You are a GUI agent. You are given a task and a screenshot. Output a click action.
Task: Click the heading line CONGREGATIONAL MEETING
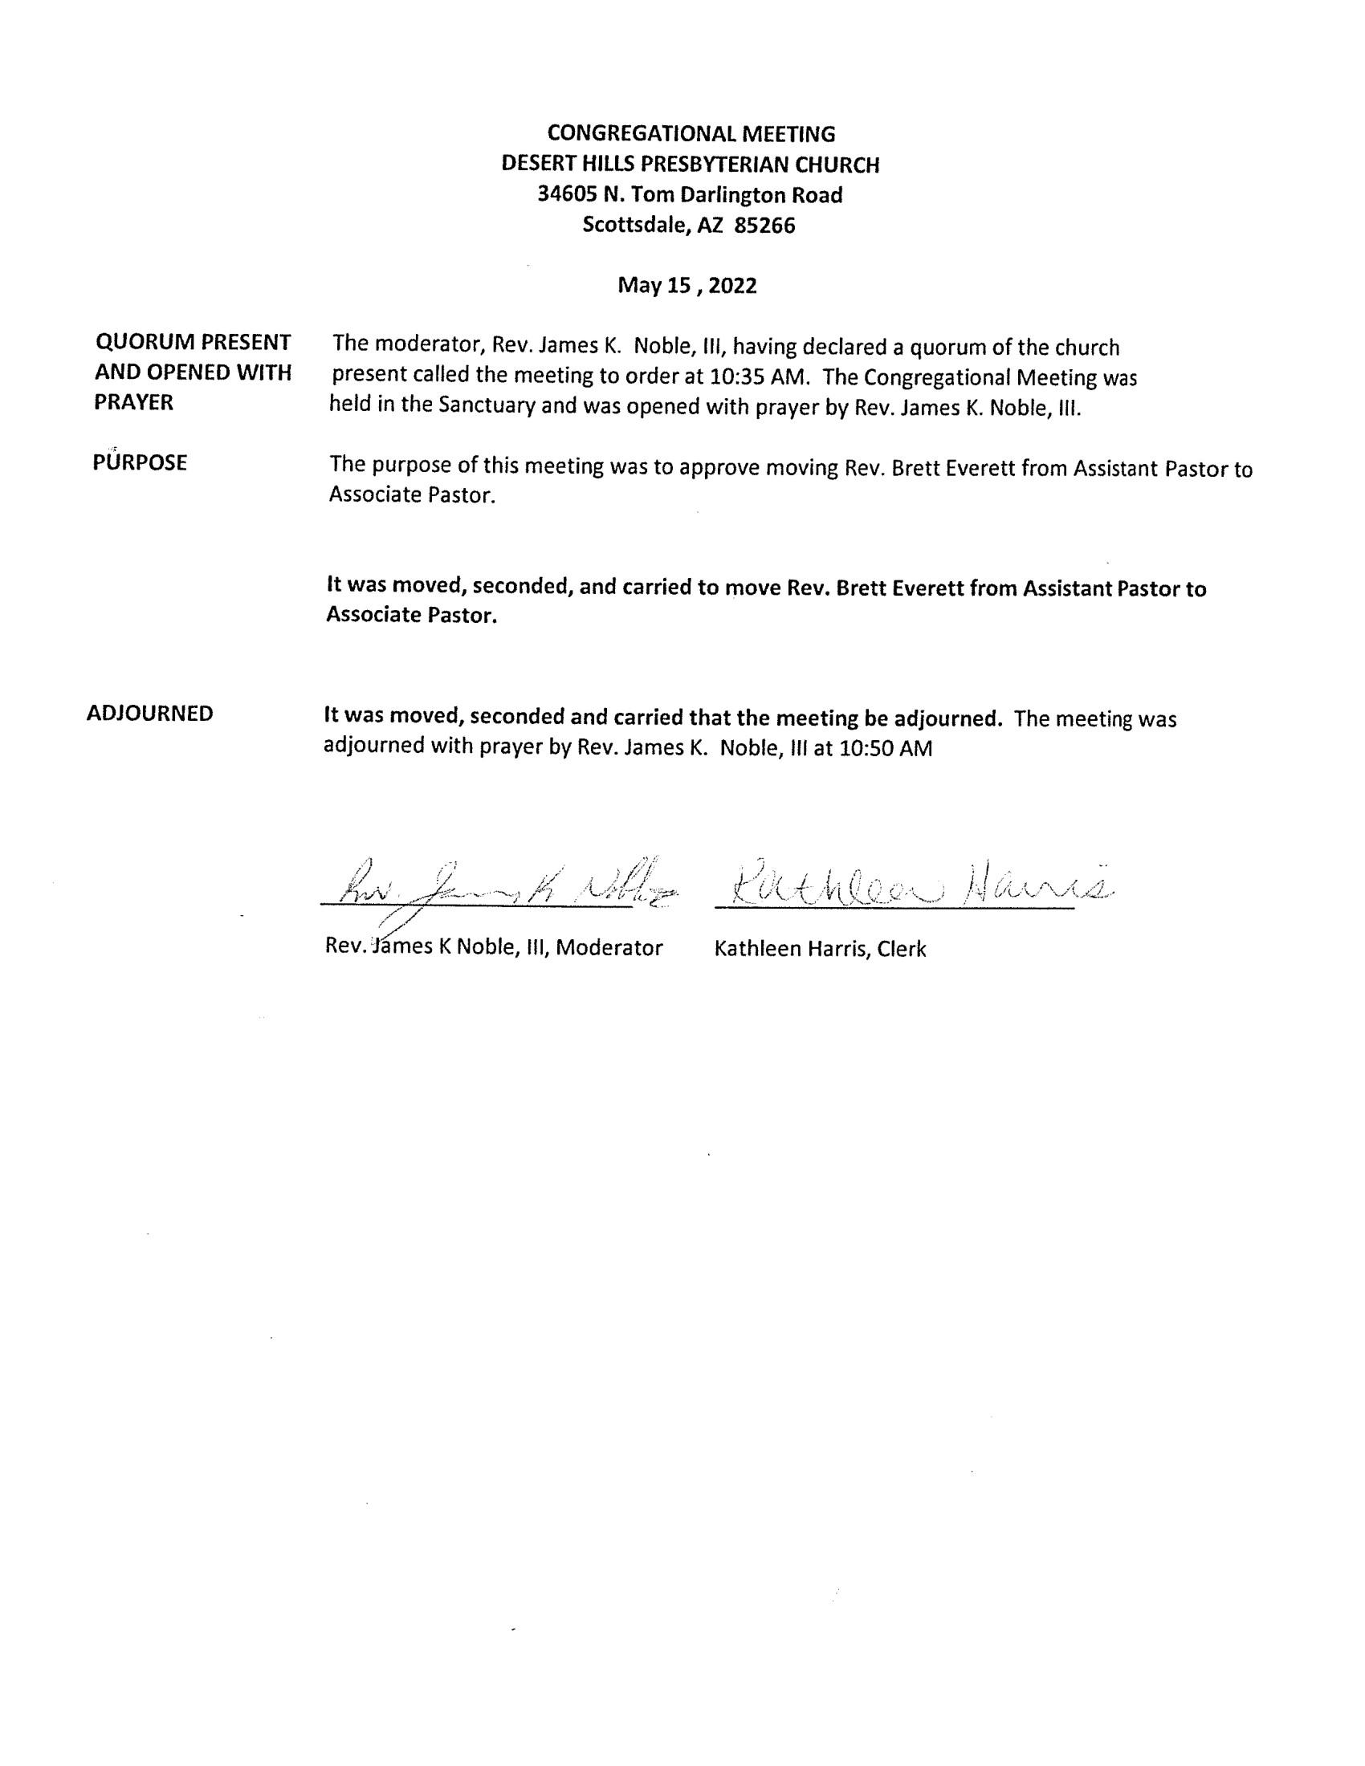691,133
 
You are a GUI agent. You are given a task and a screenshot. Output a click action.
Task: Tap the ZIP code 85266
764,226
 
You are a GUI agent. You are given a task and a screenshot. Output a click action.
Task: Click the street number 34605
568,195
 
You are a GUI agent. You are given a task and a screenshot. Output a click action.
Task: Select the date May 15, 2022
687,286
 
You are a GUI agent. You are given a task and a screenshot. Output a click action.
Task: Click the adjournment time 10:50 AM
886,748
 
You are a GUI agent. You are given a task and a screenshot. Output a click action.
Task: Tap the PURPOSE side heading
140,462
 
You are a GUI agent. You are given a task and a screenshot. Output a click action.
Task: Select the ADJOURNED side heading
149,713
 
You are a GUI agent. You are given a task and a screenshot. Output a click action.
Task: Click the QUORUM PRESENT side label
194,342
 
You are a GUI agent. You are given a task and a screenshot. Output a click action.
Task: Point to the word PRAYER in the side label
133,403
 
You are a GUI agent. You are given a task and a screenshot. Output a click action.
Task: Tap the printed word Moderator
609,948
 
